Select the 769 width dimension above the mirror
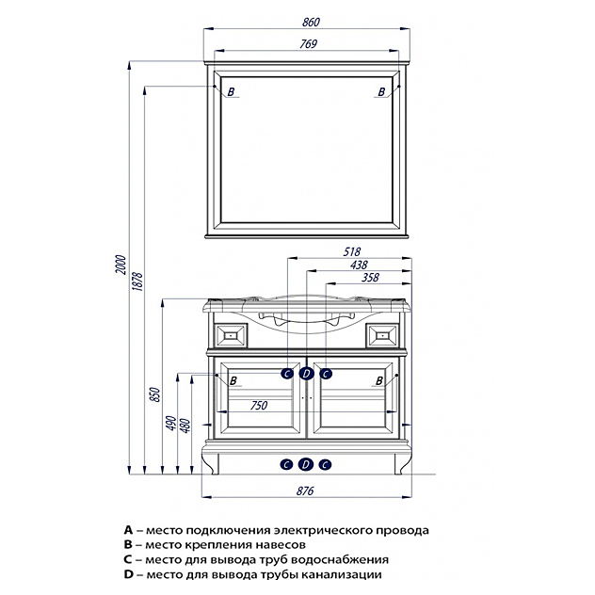308,43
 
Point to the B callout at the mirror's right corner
381,91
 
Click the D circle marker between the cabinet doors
306,374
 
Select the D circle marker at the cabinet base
306,464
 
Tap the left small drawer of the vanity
231,333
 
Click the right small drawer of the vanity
382,333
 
